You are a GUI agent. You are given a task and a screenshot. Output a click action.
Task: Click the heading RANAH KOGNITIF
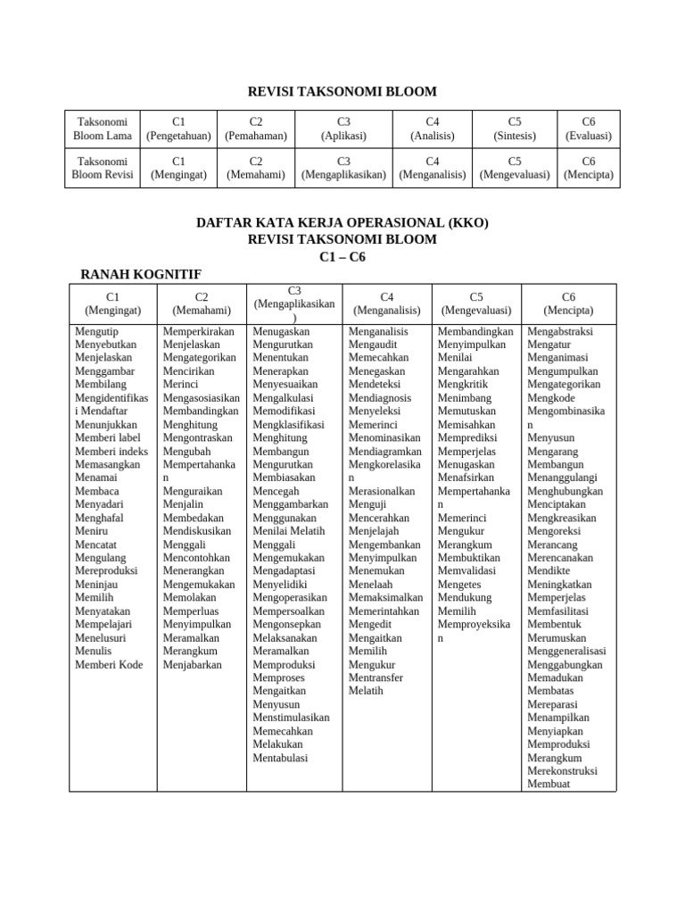(141, 274)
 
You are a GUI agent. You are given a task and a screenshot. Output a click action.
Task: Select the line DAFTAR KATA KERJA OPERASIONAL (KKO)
(342, 222)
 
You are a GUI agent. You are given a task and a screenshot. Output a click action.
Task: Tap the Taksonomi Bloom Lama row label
(103, 129)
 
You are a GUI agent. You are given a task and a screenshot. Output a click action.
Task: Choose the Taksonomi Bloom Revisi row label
(103, 168)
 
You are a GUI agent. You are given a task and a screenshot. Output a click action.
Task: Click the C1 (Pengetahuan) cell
(179, 129)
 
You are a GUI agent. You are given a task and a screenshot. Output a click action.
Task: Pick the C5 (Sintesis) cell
(515, 129)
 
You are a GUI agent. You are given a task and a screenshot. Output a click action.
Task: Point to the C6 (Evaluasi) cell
(589, 129)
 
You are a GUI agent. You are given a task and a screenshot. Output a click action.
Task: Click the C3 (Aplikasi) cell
(343, 129)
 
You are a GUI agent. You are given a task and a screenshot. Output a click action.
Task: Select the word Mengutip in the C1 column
(96, 331)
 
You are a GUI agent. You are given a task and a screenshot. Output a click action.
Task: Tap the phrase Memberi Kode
(109, 664)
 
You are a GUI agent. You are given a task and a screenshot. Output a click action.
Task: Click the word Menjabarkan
(193, 664)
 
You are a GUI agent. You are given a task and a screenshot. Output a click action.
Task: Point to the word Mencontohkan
(196, 558)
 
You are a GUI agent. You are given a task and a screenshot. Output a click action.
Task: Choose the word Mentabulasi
(280, 758)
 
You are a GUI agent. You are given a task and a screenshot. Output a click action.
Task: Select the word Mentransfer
(376, 677)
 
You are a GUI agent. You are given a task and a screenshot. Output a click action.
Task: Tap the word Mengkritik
(463, 385)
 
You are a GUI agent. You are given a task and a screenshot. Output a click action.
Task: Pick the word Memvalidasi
(468, 571)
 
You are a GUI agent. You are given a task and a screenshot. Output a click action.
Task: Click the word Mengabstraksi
(560, 331)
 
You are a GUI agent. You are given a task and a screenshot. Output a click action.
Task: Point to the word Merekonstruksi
(563, 771)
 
